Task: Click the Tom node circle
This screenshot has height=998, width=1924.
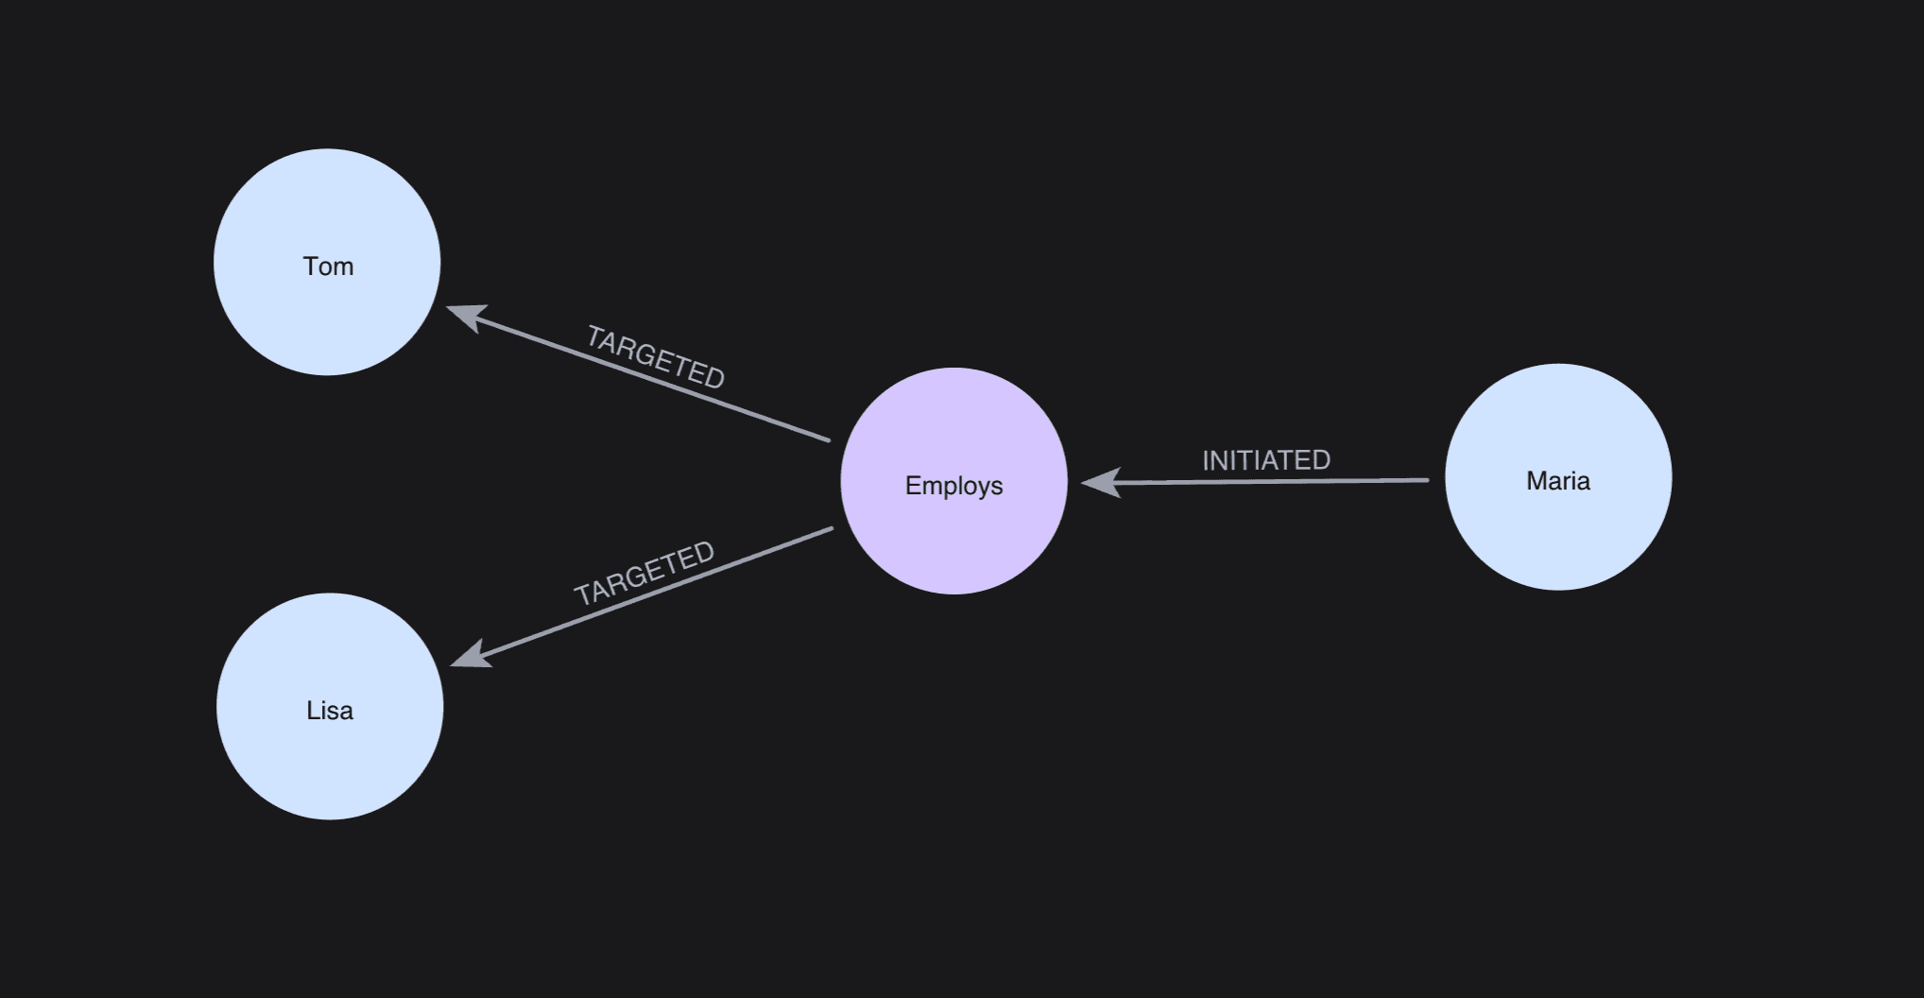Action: (327, 262)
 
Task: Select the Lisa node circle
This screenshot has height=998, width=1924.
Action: (330, 706)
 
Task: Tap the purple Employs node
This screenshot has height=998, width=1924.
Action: (954, 481)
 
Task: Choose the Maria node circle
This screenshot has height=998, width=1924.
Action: (1558, 477)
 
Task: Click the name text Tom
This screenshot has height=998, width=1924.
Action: (328, 267)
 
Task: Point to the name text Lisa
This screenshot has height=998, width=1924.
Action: (330, 711)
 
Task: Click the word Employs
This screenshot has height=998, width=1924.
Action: (954, 486)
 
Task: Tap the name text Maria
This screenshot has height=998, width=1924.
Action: (1558, 481)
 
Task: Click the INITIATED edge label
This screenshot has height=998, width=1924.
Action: (1266, 460)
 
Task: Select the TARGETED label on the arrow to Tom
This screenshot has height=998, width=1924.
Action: (656, 357)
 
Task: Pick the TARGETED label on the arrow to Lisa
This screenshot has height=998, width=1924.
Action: (644, 573)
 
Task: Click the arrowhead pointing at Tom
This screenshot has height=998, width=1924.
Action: (466, 317)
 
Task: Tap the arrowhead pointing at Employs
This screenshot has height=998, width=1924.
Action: (1100, 483)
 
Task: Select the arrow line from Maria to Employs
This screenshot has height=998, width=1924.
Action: (1255, 482)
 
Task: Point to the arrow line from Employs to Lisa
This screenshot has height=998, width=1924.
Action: (642, 595)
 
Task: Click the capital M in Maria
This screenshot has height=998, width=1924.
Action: (1536, 481)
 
